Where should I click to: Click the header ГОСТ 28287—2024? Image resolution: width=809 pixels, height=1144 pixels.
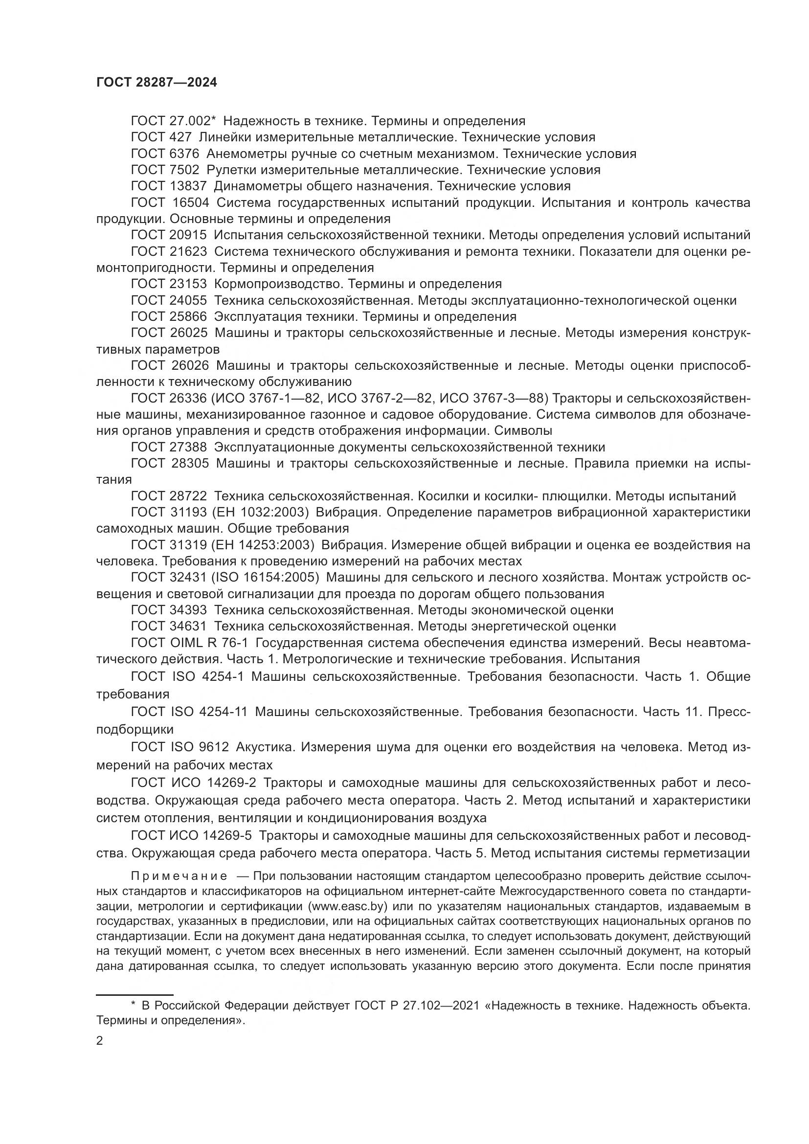[x=157, y=83]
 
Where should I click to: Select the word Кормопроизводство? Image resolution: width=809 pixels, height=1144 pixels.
[x=279, y=284]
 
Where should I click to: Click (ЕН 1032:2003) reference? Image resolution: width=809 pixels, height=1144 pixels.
[x=261, y=512]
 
